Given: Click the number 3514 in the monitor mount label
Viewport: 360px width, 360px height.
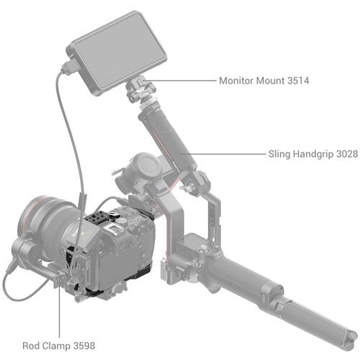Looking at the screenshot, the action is click(x=298, y=81).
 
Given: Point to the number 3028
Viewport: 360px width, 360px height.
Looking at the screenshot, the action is click(x=347, y=154).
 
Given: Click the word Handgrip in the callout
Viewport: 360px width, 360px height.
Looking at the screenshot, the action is click(x=313, y=154).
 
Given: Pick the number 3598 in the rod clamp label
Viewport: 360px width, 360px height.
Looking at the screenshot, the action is click(x=84, y=346).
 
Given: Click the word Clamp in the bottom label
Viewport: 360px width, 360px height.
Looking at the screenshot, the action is click(x=57, y=346).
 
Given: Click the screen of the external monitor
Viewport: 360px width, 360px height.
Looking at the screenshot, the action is click(x=120, y=51).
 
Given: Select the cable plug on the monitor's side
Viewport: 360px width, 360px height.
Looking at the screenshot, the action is click(x=69, y=66).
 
